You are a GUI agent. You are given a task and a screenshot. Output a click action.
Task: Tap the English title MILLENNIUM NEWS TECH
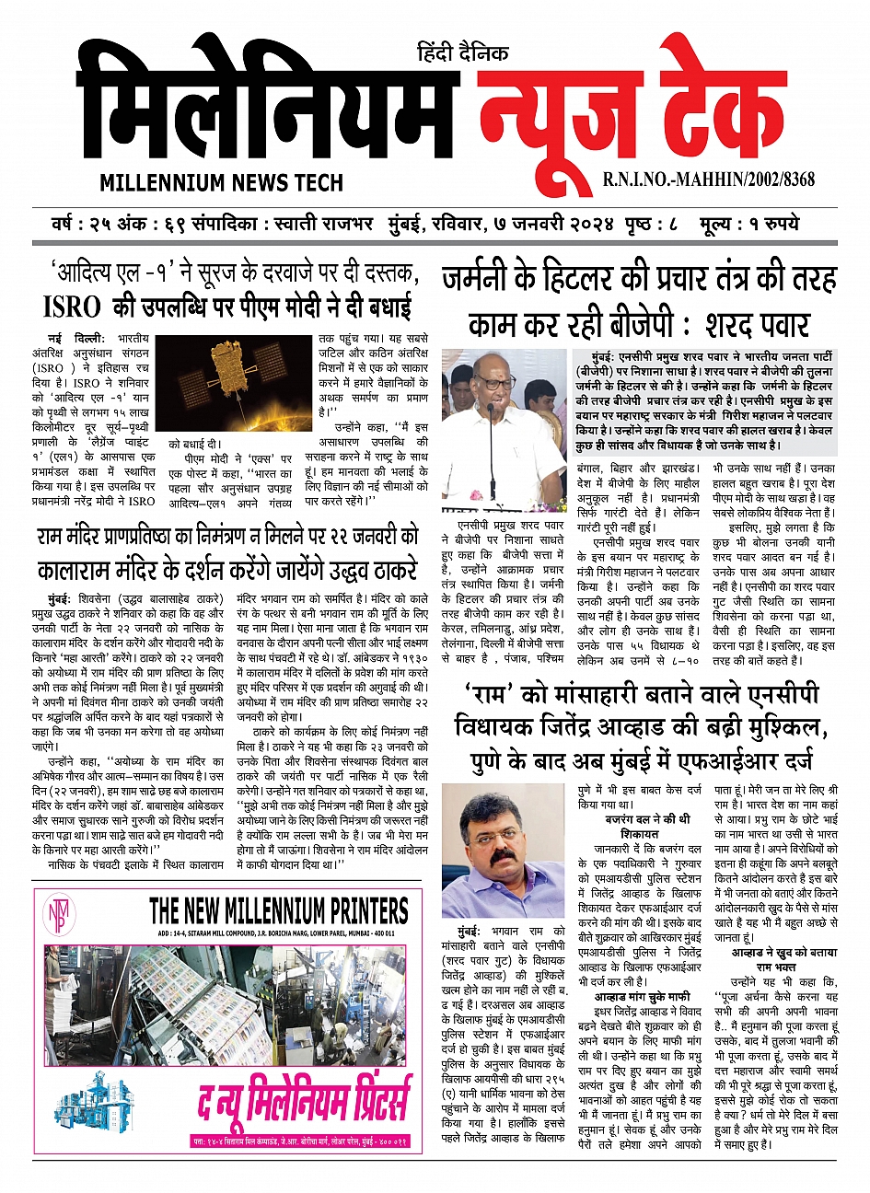(221, 182)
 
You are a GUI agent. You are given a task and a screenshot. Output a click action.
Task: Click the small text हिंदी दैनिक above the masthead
(462, 53)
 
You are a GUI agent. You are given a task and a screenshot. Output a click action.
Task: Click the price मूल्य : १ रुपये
(749, 225)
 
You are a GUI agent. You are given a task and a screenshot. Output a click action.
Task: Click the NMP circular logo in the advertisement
(55, 915)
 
